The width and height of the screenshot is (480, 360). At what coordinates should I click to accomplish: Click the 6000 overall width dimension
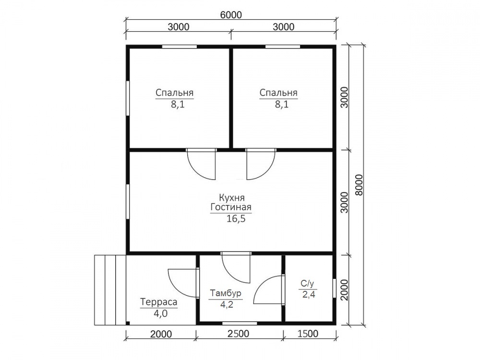pos(230,14)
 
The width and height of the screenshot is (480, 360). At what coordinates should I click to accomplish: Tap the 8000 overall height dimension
pos(359,185)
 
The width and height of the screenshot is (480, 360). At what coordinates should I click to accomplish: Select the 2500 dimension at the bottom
pos(238,334)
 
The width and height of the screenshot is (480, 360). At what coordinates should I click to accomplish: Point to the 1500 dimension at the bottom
pos(308,334)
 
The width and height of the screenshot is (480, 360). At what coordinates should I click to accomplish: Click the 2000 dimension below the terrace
pos(161,334)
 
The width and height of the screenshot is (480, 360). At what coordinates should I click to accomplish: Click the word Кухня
pos(232,197)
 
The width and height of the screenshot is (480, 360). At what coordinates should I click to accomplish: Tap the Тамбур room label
pos(226,293)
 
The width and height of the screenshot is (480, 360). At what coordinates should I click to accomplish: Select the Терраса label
pos(159,302)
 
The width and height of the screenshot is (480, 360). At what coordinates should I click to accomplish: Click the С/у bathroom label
pos(307,284)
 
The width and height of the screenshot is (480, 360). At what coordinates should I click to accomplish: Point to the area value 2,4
pos(309,295)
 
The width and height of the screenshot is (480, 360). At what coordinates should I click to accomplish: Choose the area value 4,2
pos(227,305)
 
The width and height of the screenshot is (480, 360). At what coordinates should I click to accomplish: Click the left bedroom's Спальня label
pos(175,93)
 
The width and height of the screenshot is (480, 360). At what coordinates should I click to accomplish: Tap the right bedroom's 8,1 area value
pos(282,105)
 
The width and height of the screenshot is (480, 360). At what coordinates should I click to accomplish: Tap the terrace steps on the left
pos(110,290)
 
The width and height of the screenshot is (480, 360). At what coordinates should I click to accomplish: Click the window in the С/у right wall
pos(334,288)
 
